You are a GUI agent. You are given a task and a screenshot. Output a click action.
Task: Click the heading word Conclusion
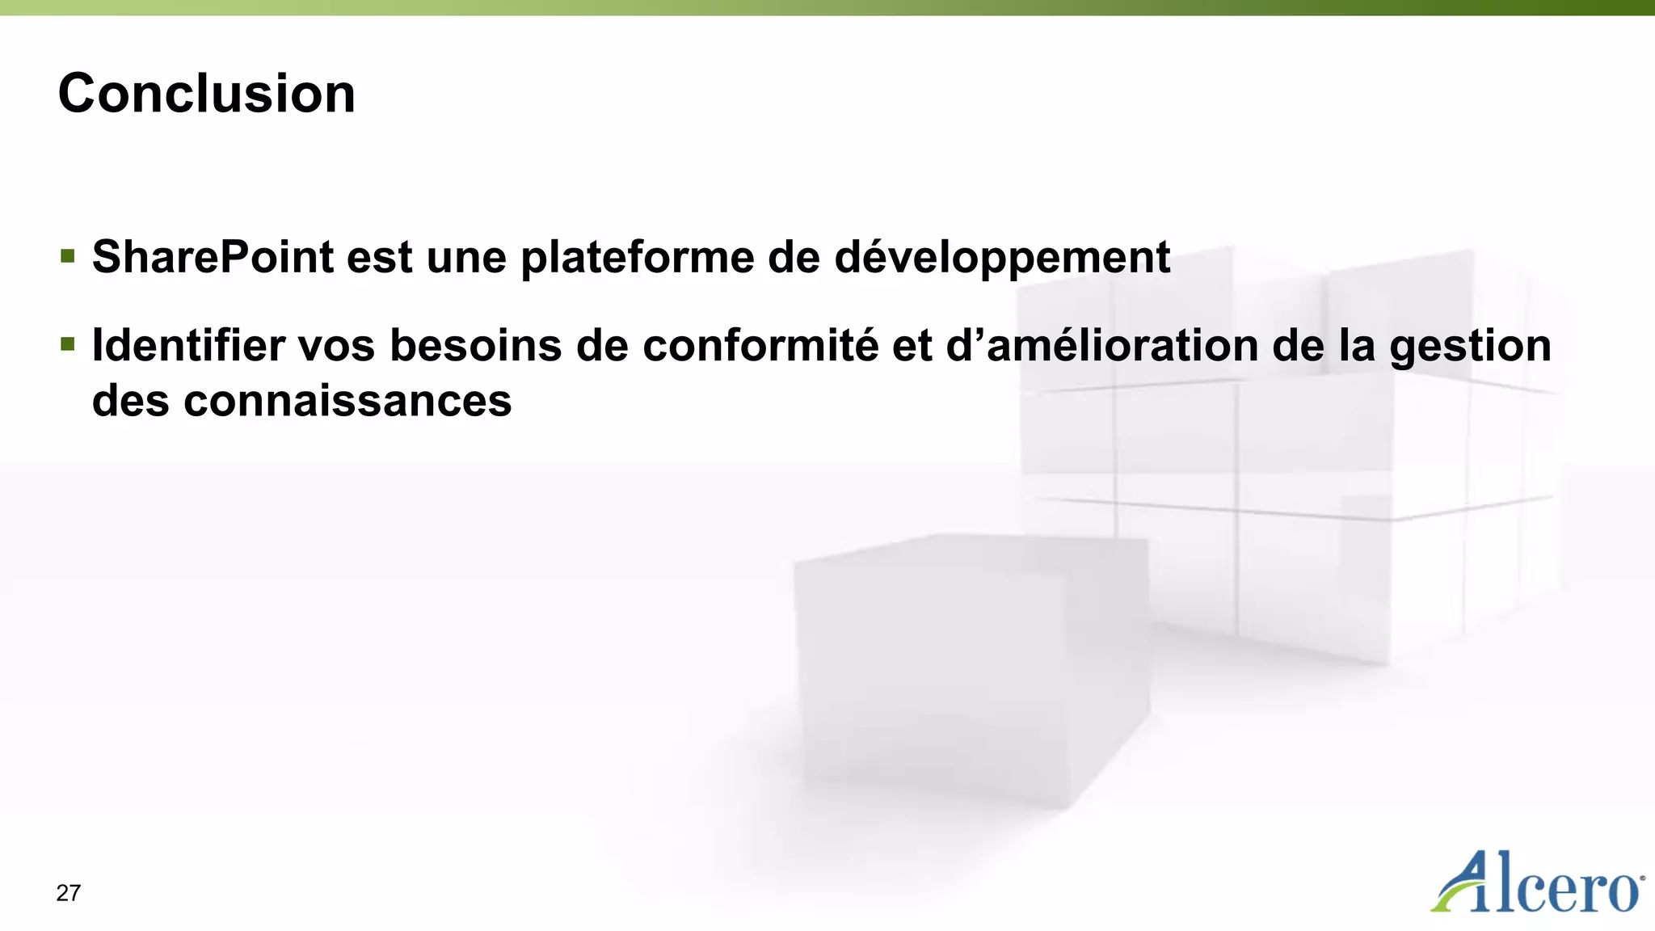tap(207, 94)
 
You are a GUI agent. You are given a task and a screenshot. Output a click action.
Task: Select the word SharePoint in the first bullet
tap(213, 257)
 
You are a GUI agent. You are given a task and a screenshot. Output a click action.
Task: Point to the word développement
tap(1001, 259)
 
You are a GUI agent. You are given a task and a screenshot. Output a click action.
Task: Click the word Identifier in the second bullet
tap(188, 346)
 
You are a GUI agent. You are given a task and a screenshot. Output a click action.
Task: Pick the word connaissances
tap(347, 401)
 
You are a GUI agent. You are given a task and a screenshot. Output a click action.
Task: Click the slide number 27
tap(69, 893)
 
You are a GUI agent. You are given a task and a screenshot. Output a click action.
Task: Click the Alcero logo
tap(1537, 883)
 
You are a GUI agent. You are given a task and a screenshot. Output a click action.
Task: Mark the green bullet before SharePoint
tap(68, 257)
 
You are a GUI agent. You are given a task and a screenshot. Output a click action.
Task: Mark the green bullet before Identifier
tap(68, 345)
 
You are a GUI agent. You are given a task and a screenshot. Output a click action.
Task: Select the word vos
tap(336, 346)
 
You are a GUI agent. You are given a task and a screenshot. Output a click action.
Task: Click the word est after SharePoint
tap(380, 259)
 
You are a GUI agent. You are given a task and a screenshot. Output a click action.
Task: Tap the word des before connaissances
tap(130, 401)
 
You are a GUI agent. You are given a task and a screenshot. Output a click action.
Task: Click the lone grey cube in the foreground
tap(970, 671)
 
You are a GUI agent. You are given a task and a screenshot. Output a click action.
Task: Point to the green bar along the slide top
tap(827, 7)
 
